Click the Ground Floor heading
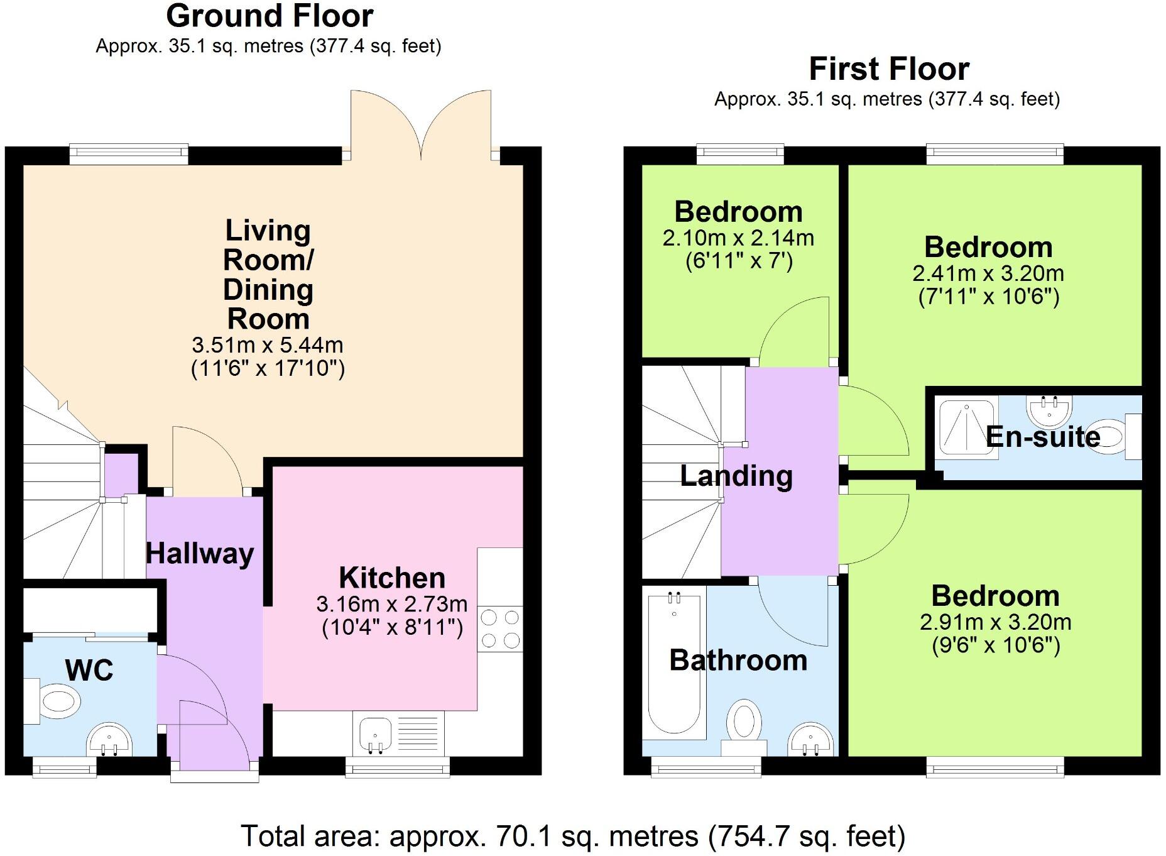[270, 16]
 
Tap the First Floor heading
[888, 69]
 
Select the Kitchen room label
[392, 578]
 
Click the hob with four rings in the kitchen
[500, 629]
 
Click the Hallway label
[200, 554]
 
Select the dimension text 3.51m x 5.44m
[268, 345]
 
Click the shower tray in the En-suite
[967, 425]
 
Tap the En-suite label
[1043, 437]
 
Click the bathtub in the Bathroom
[674, 660]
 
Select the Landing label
[736, 476]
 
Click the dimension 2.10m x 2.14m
[738, 238]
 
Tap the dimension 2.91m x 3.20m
[995, 622]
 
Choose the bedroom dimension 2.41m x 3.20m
[988, 274]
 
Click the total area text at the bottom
[573, 837]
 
